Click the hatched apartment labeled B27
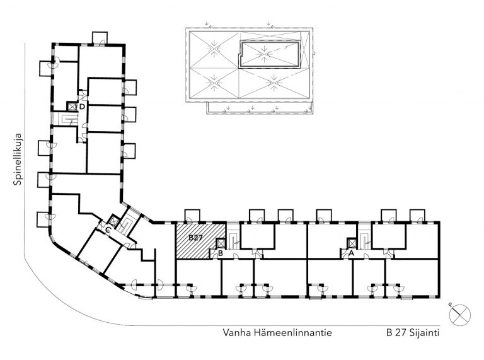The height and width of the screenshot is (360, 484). [x=200, y=240]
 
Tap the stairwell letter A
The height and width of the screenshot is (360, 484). [x=350, y=253]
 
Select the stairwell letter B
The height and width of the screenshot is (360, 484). [x=221, y=253]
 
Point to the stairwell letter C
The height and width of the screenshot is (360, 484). [x=108, y=229]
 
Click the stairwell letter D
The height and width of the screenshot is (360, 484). [x=82, y=107]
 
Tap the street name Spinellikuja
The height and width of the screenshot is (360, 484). [x=18, y=159]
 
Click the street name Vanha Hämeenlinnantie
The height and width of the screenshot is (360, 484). [x=277, y=332]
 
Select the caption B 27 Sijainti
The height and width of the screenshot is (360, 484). [x=412, y=333]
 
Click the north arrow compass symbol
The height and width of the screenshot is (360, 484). [x=460, y=315]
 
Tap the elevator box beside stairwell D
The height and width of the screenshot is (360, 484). [x=72, y=107]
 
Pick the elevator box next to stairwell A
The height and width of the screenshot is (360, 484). [x=352, y=243]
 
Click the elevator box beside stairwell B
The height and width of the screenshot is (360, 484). [x=221, y=243]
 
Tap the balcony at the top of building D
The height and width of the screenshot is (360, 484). [x=100, y=38]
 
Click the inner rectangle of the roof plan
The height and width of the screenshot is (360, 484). [x=270, y=54]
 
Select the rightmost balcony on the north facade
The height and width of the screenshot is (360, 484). [x=417, y=216]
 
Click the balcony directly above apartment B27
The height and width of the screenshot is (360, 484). [x=192, y=216]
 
